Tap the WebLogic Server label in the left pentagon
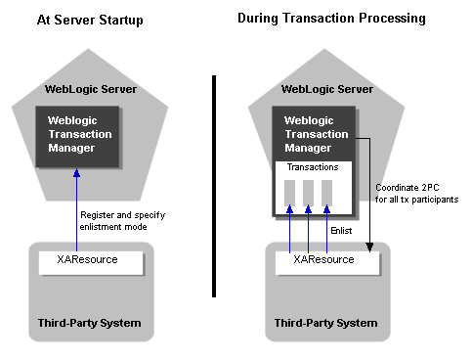pos(91,89)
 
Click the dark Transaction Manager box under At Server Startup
pos(91,134)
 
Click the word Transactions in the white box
pos(312,168)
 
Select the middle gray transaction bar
pos(309,193)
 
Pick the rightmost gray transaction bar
pos(326,193)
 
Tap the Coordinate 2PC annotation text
pos(416,194)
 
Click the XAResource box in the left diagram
pos(91,262)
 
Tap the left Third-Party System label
pos(92,323)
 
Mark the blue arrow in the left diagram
pos(76,210)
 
